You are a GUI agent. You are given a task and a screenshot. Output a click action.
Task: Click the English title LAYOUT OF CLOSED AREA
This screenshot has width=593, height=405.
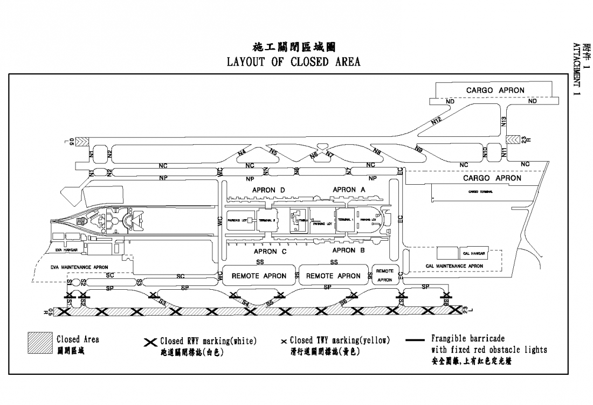click(294, 61)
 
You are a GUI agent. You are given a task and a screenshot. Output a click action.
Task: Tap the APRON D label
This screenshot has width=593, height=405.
click(268, 190)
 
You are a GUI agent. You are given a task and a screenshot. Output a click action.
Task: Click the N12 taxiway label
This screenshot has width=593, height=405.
click(437, 122)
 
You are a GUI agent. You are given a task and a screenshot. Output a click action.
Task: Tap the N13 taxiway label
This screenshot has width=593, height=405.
click(504, 121)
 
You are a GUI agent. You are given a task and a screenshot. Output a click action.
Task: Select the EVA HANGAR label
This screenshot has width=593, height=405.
click(67, 250)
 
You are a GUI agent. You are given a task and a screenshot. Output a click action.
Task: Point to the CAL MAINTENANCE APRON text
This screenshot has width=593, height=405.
click(454, 266)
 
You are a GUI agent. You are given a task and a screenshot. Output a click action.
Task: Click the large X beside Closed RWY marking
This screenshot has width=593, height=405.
click(151, 342)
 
